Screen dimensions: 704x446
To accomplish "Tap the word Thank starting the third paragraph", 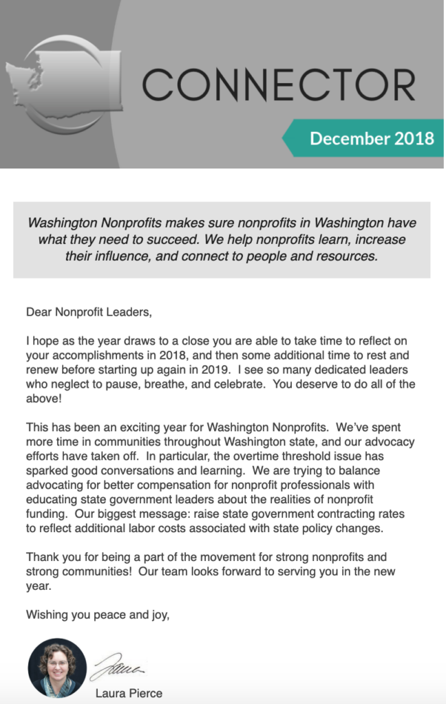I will (42, 558).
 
